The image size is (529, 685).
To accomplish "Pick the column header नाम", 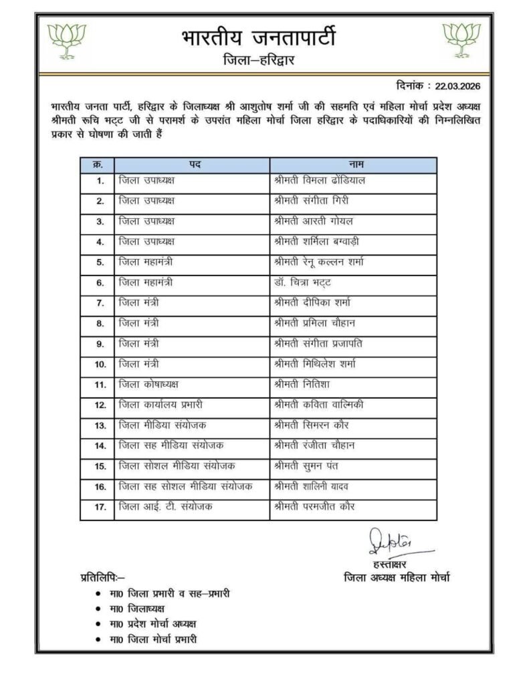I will pos(353,165).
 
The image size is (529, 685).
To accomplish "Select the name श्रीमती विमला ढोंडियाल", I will pos(320,181).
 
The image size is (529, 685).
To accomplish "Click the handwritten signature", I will pos(393,541).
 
